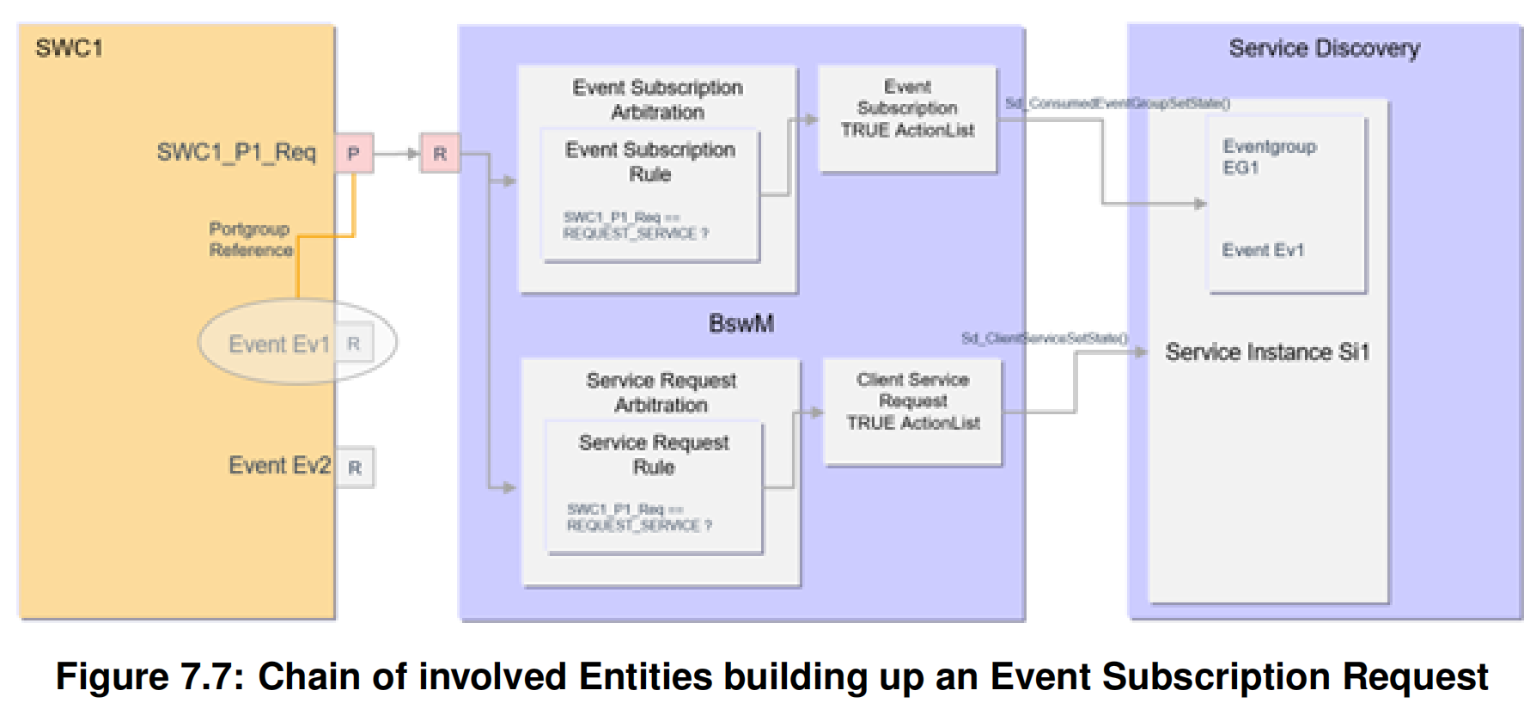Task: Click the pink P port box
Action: [x=353, y=154]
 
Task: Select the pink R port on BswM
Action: [x=439, y=154]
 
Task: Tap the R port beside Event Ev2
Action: [x=355, y=467]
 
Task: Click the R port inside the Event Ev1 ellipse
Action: [x=354, y=344]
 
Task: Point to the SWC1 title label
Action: [x=69, y=48]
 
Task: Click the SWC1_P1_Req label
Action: [x=236, y=153]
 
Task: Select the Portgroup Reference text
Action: [x=250, y=240]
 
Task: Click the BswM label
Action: [x=741, y=323]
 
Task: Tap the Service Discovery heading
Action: [x=1324, y=49]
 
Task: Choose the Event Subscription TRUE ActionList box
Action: [x=907, y=119]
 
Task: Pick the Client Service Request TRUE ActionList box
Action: [x=912, y=412]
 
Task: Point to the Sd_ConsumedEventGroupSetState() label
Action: [x=1117, y=103]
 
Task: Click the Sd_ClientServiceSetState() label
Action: [x=1044, y=338]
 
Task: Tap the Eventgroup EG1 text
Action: [x=1269, y=156]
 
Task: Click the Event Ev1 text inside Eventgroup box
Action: [x=1263, y=250]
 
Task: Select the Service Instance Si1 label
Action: [x=1266, y=352]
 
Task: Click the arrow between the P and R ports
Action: [x=396, y=154]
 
